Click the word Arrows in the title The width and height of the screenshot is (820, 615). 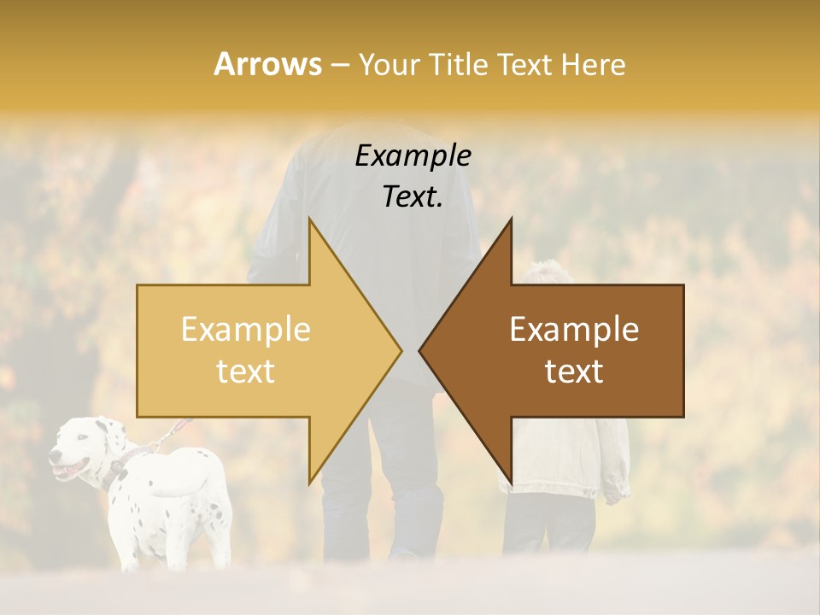click(267, 64)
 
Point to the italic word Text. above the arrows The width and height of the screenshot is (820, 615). click(413, 196)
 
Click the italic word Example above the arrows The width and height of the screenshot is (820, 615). click(413, 155)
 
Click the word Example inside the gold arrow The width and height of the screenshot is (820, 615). click(246, 329)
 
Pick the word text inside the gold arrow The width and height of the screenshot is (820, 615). click(246, 371)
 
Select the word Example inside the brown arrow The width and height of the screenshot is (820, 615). click(574, 329)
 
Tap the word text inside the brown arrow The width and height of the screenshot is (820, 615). click(574, 371)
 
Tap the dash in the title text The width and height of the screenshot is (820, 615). click(339, 65)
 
